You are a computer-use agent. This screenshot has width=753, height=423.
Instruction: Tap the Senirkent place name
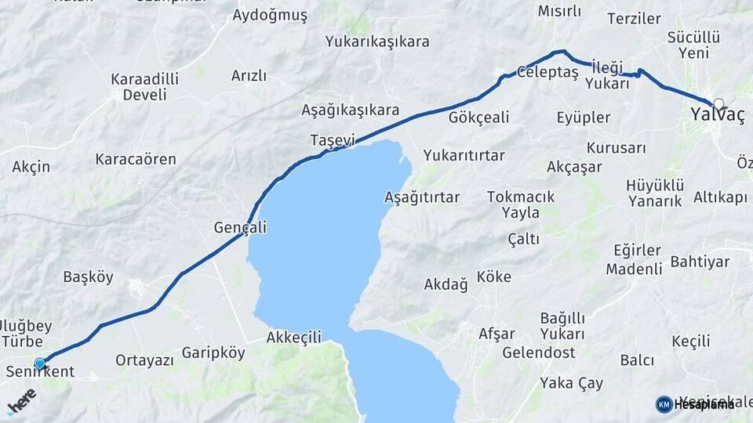point(39,371)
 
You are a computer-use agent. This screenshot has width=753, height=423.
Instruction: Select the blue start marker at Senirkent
point(40,363)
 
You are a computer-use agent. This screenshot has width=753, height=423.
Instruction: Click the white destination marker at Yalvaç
point(718,103)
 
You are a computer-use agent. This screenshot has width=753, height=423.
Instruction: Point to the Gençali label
point(240,228)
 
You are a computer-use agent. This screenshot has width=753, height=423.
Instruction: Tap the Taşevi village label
point(333,140)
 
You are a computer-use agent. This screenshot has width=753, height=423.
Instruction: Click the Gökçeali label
point(479,117)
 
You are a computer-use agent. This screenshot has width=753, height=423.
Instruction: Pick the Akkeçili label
point(294,338)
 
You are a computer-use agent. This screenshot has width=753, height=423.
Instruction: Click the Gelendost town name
point(538,352)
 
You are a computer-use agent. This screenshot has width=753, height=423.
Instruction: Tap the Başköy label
point(89,277)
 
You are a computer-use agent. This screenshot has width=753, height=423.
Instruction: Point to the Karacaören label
point(136,159)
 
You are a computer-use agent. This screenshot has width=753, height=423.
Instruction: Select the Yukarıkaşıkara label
point(377,42)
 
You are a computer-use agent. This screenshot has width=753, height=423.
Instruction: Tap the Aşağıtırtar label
point(422,197)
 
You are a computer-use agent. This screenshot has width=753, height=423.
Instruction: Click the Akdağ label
point(446,284)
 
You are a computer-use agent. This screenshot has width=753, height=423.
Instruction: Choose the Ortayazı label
point(144,360)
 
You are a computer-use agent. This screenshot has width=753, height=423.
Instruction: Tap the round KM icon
point(664,404)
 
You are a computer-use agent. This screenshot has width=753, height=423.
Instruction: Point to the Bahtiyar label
point(700,261)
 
